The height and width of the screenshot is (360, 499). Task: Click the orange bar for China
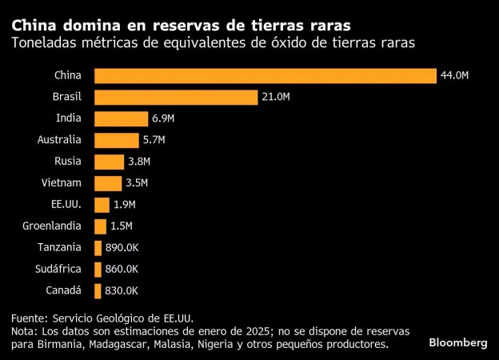265,76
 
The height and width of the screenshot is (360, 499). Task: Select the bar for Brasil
176,98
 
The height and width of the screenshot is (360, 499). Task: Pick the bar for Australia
117,140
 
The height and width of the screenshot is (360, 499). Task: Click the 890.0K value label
122,247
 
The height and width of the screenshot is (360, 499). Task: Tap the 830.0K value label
122,290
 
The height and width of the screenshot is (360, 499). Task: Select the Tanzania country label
58,247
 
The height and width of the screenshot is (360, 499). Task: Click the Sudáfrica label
58,269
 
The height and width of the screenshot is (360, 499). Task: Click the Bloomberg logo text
458,342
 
